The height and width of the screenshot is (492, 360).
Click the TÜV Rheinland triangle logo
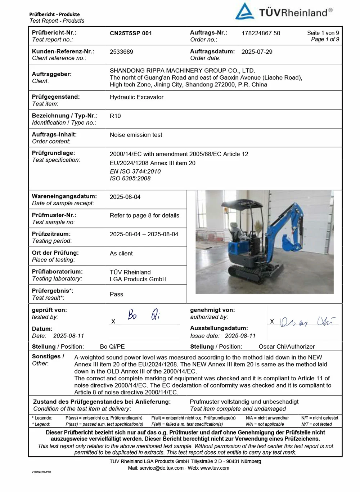pos(244,12)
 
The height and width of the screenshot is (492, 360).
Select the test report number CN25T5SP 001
pos(131,33)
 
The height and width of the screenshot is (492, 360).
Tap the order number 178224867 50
pos(261,33)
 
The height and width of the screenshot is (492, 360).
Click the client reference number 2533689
pos(121,52)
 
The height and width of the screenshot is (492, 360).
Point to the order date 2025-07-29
pos(257,52)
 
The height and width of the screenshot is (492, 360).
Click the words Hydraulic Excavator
pos(136,97)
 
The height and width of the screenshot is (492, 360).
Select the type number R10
pos(115,116)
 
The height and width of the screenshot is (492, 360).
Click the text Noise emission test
pos(136,135)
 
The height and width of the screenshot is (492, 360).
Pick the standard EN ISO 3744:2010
pos(135,171)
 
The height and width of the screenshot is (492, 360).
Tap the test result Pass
pos(116,294)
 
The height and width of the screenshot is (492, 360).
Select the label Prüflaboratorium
pos(57,272)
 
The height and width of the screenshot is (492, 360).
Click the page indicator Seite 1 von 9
pos(323,33)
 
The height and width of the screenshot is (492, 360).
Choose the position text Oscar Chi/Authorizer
pos(287,346)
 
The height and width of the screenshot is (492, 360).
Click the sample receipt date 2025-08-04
pos(125,197)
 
